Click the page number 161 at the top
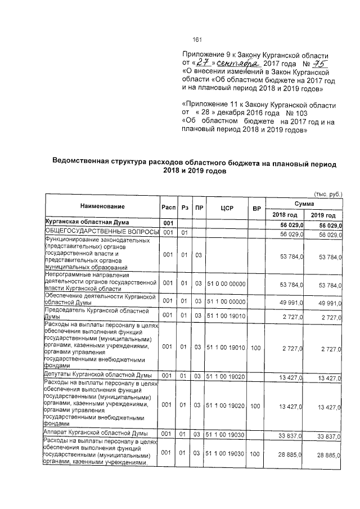[x=197, y=39]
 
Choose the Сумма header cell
[x=304, y=201]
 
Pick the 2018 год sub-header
[x=285, y=215]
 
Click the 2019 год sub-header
[x=323, y=215]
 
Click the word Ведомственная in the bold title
[x=85, y=163]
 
